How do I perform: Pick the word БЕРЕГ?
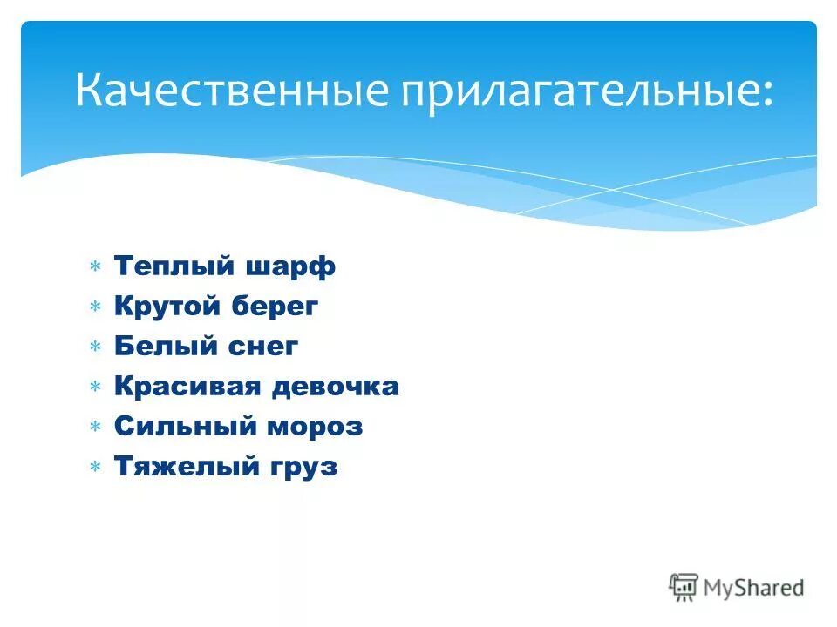[276, 306]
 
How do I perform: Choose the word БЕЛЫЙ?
[159, 346]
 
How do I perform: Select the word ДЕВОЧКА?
[337, 386]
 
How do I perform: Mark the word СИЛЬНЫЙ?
[181, 426]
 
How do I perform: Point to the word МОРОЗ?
[315, 426]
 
